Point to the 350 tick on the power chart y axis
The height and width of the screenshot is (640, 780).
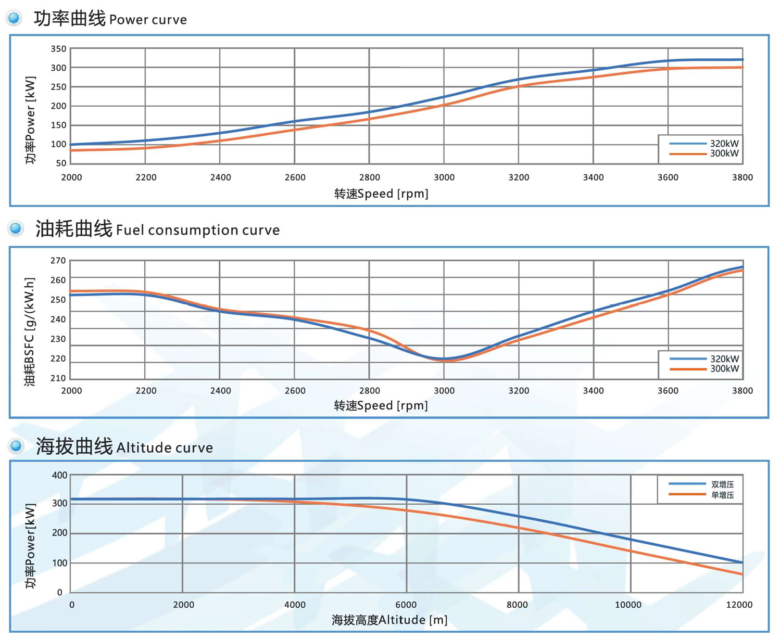click(x=58, y=49)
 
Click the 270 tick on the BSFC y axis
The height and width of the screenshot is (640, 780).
click(x=58, y=261)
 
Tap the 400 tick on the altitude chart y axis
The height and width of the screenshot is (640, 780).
click(x=60, y=475)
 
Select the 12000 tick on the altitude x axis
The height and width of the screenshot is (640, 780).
click(x=739, y=605)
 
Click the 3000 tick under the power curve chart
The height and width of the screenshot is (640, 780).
click(x=444, y=177)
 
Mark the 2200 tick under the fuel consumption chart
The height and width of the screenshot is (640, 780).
click(x=146, y=391)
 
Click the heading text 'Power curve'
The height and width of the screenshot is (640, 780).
click(x=148, y=20)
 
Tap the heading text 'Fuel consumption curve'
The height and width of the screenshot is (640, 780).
click(x=198, y=230)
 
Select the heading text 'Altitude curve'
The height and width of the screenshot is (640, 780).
click(x=165, y=448)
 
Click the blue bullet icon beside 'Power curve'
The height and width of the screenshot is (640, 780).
click(x=14, y=18)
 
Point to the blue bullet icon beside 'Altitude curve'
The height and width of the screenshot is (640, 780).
click(x=16, y=446)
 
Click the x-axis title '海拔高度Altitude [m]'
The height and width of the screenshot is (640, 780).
click(x=389, y=620)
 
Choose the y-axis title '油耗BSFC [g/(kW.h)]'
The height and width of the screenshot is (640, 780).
click(x=30, y=331)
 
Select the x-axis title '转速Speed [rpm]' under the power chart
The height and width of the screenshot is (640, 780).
click(x=381, y=194)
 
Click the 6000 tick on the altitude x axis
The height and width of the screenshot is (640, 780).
click(x=406, y=605)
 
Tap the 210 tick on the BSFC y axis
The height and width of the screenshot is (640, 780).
click(x=58, y=378)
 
